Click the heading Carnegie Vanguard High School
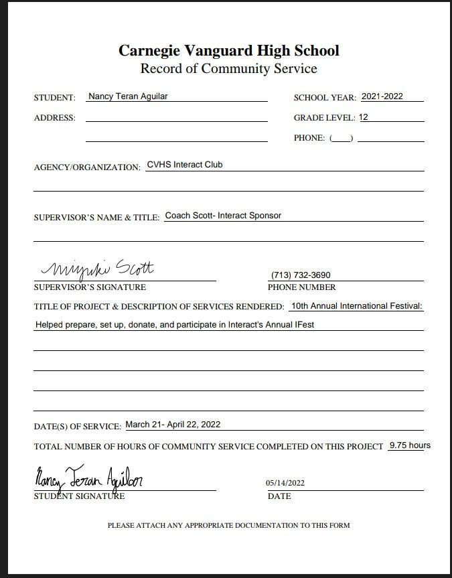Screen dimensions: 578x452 click(228, 51)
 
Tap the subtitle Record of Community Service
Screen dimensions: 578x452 click(228, 69)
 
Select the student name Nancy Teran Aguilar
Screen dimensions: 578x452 click(128, 96)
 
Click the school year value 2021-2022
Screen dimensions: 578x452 click(382, 96)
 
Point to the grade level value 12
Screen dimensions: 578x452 click(364, 117)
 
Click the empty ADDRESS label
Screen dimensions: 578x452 click(54, 118)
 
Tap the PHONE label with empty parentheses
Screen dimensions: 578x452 click(323, 138)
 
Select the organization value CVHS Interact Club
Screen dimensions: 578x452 click(185, 165)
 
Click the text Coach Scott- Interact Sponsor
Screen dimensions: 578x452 click(223, 216)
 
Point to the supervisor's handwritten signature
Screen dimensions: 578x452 click(98, 269)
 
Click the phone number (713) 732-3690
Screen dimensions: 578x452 click(301, 275)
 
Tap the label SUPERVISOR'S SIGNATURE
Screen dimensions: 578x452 click(89, 287)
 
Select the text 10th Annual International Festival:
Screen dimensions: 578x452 click(357, 306)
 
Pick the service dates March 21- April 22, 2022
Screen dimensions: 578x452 click(173, 425)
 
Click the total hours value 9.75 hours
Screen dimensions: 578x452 click(410, 445)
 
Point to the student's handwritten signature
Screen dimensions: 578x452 click(88, 479)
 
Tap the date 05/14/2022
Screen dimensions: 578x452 click(285, 483)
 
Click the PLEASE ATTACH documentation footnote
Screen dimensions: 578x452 click(228, 526)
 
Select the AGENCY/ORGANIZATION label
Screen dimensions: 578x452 click(87, 167)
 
